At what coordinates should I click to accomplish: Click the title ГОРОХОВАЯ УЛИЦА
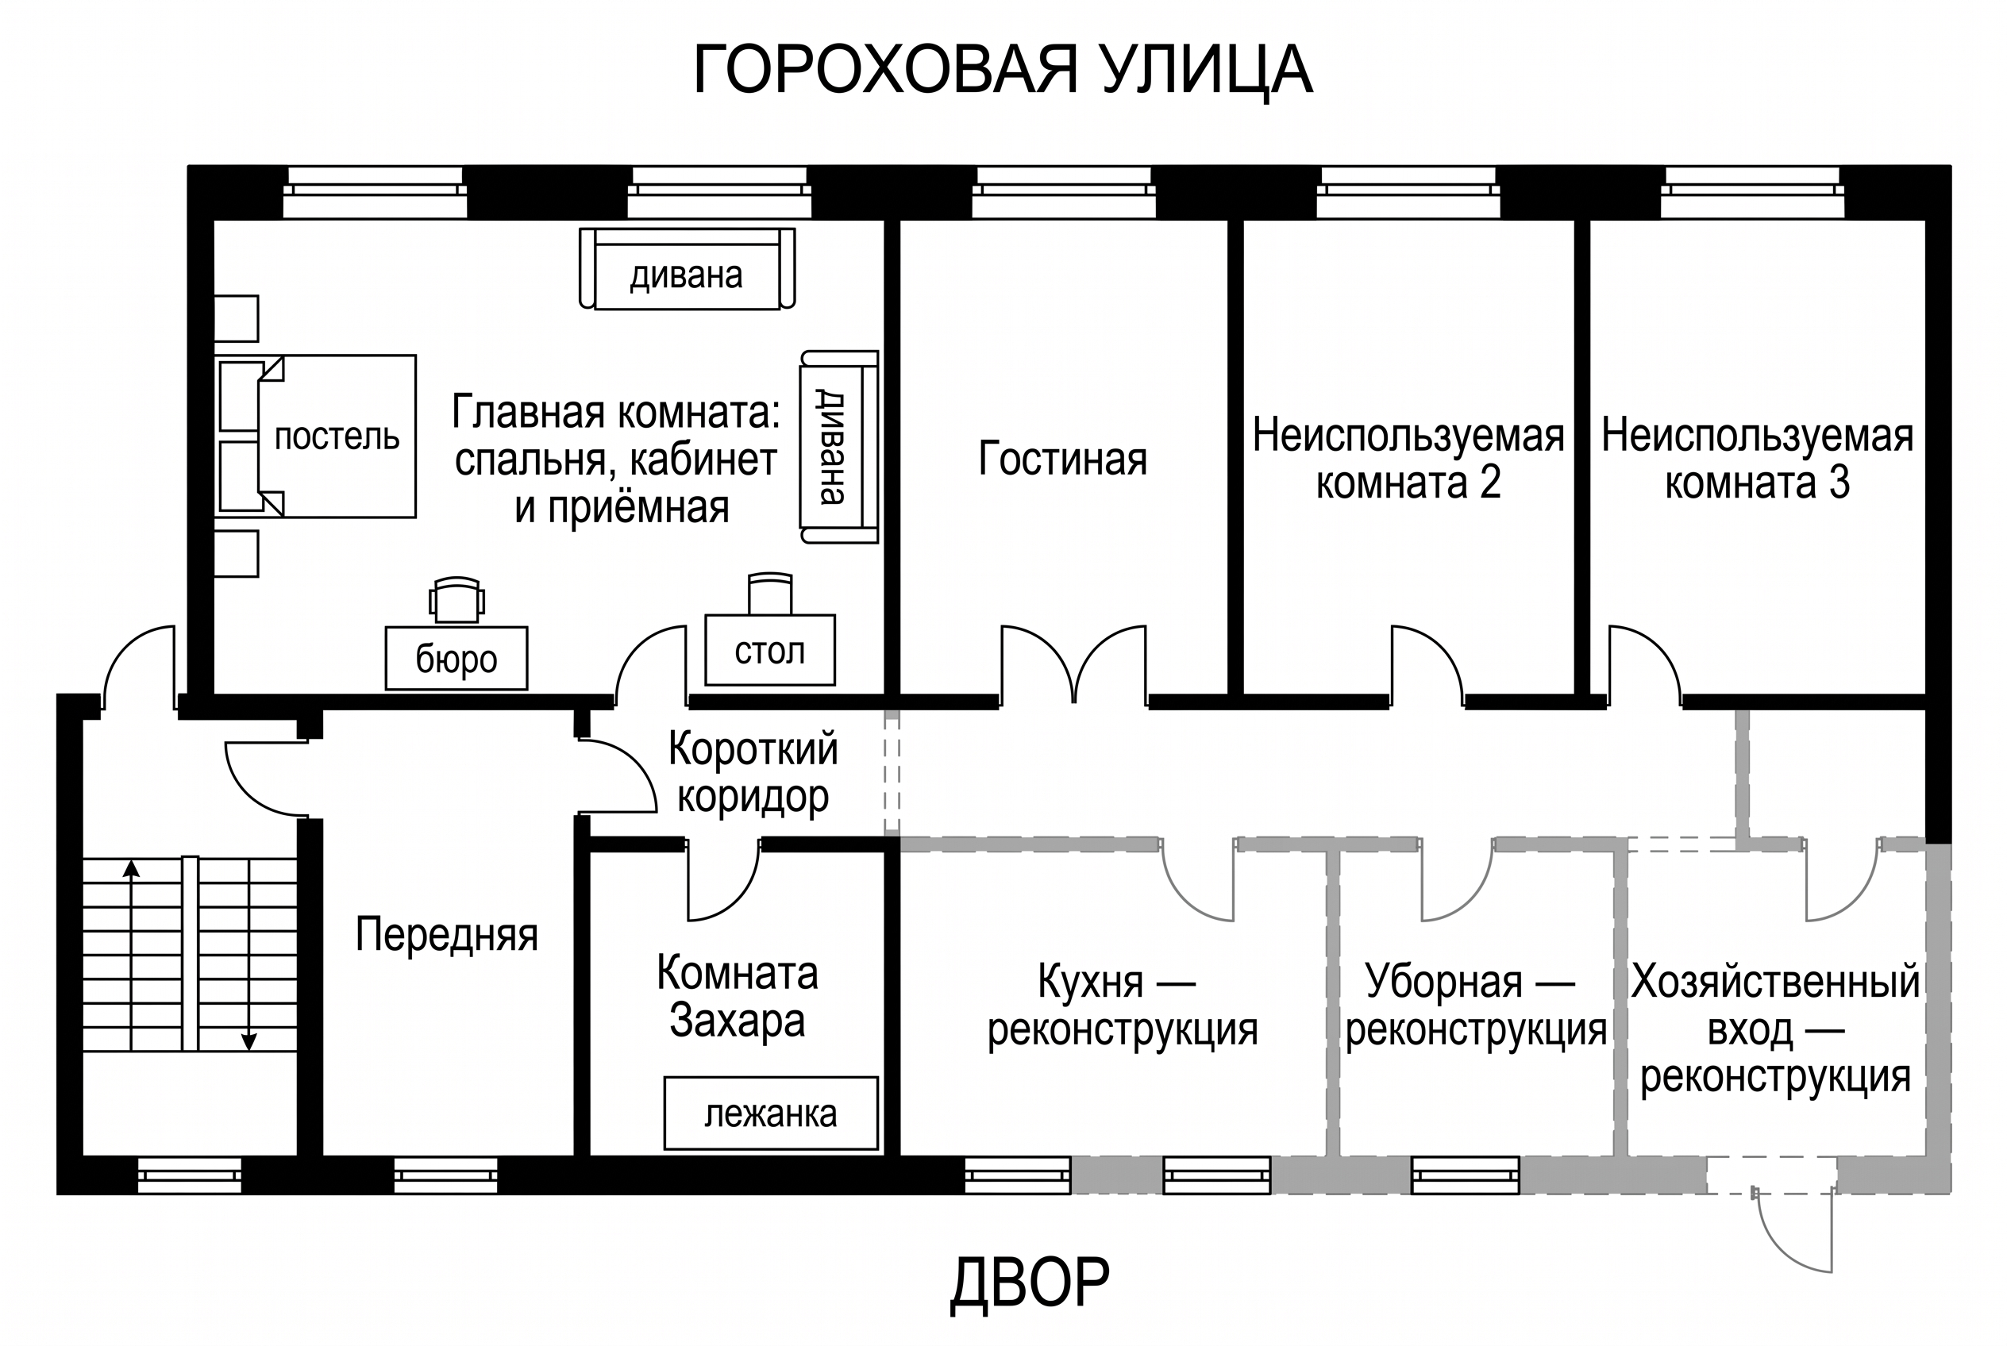pos(1002,71)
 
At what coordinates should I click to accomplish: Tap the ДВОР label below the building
pos(1030,1284)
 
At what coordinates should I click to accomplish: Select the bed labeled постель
pos(315,436)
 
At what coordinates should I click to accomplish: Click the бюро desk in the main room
pos(456,659)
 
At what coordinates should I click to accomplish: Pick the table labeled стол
pos(769,650)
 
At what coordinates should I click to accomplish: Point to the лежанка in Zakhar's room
pos(770,1113)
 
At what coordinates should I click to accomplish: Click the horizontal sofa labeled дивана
pos(687,269)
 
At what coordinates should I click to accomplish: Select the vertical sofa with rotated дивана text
pos(839,446)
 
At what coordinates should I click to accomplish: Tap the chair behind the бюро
pos(456,599)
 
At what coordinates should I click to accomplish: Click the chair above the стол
pos(770,593)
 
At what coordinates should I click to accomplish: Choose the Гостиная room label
pos(1062,459)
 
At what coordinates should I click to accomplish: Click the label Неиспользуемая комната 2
pos(1408,460)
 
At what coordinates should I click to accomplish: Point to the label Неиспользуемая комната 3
pos(1757,460)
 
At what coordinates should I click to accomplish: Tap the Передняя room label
pos(446,935)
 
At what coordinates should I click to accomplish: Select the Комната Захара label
pos(737,997)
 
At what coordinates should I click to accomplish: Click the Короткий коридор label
pos(753,771)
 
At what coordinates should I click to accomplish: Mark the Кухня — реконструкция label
pos(1123,1006)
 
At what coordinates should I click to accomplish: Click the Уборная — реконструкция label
pos(1475,1006)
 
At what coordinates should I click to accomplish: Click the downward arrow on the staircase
pos(249,956)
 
